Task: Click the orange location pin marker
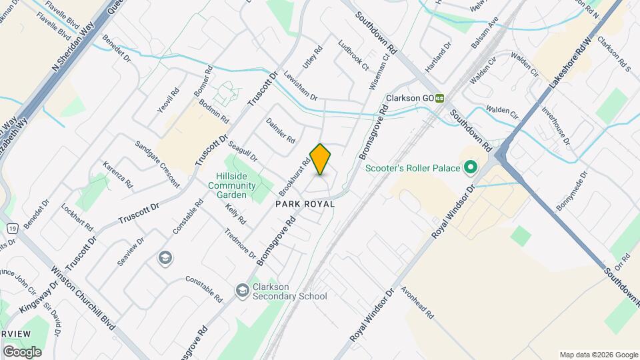point(321,159)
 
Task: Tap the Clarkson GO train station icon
point(440,98)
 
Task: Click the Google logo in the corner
point(22,351)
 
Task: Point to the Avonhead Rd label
point(417,303)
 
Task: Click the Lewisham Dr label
point(300,86)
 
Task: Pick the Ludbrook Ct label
point(353,57)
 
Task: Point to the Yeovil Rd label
point(167,101)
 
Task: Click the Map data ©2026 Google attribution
point(598,355)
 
